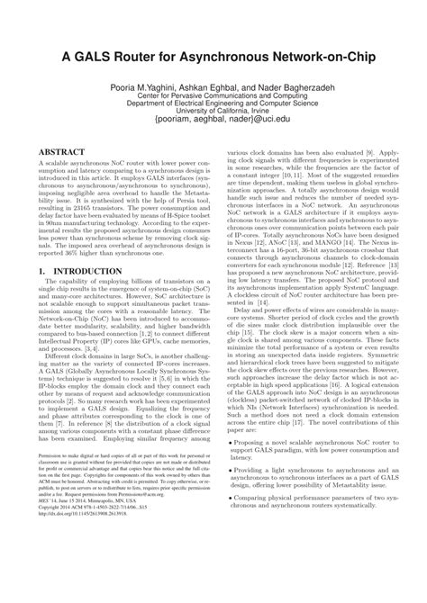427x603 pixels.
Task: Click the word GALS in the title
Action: point(86,57)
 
